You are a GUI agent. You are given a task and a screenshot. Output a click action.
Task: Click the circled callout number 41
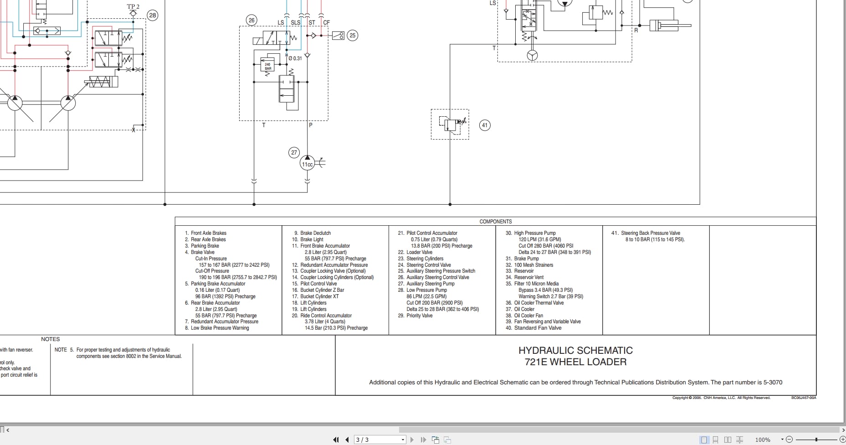(x=485, y=125)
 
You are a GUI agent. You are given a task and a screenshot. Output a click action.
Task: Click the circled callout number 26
(x=251, y=20)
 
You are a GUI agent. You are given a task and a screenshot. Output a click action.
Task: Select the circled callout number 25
(x=352, y=36)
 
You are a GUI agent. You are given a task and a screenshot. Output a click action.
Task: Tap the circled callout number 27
(x=294, y=153)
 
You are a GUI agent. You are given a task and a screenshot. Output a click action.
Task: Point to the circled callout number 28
(x=152, y=15)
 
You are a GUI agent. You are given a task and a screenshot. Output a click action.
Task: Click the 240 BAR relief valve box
(x=268, y=67)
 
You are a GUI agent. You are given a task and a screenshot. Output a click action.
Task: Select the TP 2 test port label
(x=133, y=7)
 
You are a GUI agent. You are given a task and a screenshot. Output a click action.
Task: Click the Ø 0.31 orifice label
(x=296, y=58)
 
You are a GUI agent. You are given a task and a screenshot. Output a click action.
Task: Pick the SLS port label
(x=295, y=22)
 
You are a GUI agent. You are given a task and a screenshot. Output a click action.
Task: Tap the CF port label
(x=326, y=22)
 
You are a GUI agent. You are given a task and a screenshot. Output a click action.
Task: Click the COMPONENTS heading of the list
(x=495, y=222)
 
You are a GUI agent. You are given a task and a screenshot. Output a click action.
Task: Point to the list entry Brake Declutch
(x=315, y=233)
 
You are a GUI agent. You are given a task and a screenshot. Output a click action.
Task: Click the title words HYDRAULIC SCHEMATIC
(x=575, y=351)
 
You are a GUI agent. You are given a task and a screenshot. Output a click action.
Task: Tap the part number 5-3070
(x=773, y=383)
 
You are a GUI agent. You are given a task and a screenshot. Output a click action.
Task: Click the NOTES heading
(x=50, y=339)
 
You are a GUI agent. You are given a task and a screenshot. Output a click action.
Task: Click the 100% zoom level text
(x=763, y=440)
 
